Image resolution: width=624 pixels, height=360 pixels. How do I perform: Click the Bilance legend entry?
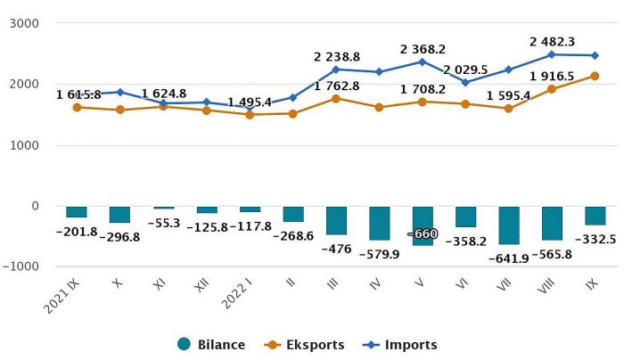pos(211,345)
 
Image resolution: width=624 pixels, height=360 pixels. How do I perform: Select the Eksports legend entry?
pos(305,345)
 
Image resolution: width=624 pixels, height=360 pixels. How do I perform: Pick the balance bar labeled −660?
pos(423,225)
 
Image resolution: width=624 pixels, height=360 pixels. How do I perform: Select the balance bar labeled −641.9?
pos(509,225)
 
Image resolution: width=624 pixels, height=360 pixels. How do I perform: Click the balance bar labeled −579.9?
pos(379,223)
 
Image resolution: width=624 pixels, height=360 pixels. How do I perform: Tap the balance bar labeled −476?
pos(336,220)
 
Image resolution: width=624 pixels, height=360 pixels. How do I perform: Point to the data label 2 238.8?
pos(337,56)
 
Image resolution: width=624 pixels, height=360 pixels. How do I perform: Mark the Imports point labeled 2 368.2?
pos(423,61)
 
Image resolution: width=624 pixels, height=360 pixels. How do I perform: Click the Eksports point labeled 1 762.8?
pos(336,98)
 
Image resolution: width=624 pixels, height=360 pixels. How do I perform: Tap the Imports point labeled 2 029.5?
pos(465,82)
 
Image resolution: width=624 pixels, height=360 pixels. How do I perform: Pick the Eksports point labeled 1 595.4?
pos(509,109)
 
